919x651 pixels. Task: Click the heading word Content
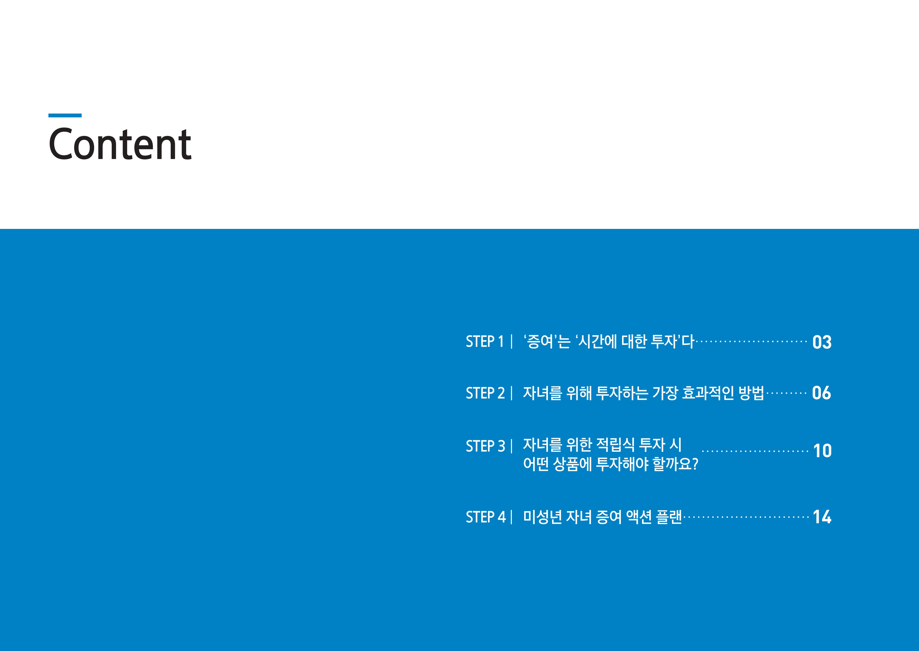[x=120, y=144]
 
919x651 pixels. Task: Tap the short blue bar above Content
[x=65, y=115]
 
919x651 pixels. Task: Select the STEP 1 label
[x=485, y=342]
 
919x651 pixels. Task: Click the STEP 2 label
[x=485, y=393]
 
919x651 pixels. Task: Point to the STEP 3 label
[x=485, y=446]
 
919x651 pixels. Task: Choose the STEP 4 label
[x=485, y=517]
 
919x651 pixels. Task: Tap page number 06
[x=822, y=393]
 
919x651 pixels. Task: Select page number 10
[x=822, y=451]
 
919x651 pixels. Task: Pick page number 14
[x=822, y=517]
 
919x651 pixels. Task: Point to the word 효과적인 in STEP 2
[x=708, y=392]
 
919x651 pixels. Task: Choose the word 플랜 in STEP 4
[x=669, y=517]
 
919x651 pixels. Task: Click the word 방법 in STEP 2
[x=752, y=392]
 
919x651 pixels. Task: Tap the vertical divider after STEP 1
[x=511, y=342]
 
